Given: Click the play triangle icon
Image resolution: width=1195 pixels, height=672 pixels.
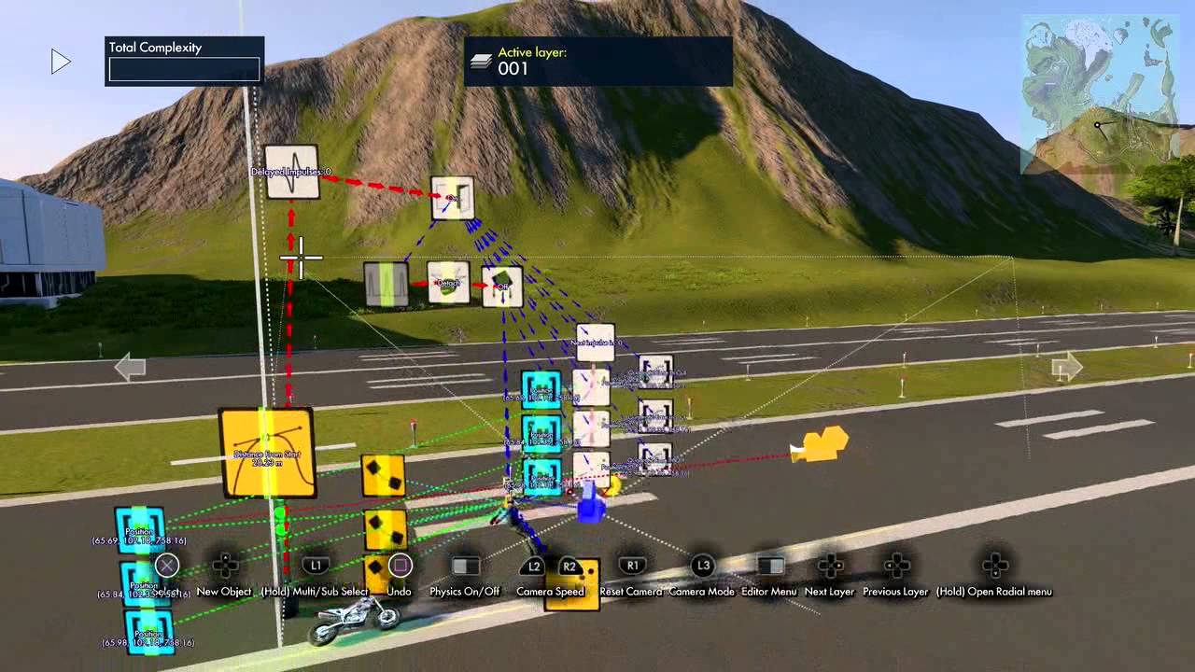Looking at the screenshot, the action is tap(61, 63).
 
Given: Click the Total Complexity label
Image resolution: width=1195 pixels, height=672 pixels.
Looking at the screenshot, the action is tap(155, 48).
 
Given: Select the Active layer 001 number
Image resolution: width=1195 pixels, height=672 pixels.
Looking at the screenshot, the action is tap(513, 69).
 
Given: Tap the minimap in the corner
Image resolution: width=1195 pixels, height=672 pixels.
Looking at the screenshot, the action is tap(1100, 93).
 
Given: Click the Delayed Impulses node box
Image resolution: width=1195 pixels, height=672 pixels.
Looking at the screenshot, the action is tap(292, 172).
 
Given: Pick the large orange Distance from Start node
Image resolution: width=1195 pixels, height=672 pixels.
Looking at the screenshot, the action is tap(267, 454).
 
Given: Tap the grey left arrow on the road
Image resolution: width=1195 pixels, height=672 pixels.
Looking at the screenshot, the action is tap(130, 368).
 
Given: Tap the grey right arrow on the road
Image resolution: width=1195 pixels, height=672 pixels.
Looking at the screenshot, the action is tap(1066, 367).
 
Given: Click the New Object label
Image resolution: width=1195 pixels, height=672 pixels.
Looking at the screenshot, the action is tap(224, 592).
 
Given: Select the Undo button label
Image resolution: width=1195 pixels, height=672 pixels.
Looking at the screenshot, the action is tap(399, 592).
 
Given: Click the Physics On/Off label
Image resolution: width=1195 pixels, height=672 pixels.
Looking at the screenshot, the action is tap(465, 592).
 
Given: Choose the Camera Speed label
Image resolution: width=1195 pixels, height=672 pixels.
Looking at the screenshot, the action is tap(550, 592).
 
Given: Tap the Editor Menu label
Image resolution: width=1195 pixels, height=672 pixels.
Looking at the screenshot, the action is tap(769, 592).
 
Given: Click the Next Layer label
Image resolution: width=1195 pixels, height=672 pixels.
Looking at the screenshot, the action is tap(829, 592).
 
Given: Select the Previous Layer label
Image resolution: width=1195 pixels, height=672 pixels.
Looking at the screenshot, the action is tap(895, 592).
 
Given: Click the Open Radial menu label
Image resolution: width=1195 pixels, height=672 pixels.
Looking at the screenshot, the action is tap(994, 592).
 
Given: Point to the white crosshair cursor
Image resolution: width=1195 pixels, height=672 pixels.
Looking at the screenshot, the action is tap(301, 258).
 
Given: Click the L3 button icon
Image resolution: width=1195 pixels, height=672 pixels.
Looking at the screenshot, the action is tap(702, 566).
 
